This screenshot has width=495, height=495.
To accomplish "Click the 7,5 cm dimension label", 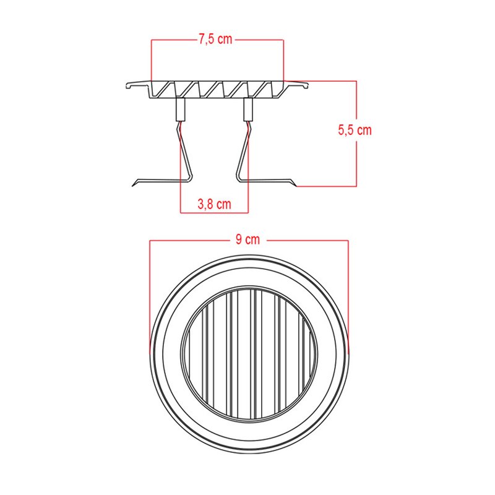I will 215,40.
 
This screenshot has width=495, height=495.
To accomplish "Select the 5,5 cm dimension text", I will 354,131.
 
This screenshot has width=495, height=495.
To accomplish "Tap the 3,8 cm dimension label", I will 213,204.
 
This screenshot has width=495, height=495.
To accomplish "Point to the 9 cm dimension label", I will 248,241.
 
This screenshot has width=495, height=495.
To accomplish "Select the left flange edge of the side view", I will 128,85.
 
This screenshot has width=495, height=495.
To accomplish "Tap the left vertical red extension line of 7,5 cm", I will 152,59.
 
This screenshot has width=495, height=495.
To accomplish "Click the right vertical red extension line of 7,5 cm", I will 283,59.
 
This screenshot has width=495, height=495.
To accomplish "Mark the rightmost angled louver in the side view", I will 272,90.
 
